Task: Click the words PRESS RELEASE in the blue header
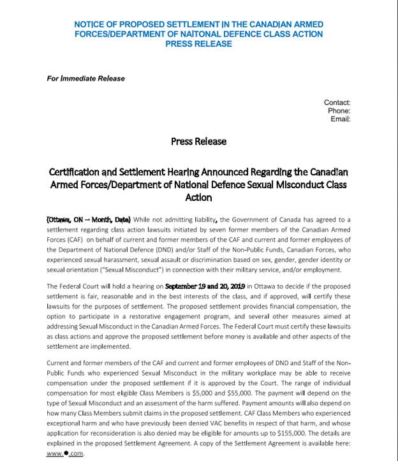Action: click(198, 44)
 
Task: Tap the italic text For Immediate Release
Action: click(85, 78)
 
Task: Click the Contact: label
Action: click(337, 103)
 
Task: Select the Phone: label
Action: click(339, 111)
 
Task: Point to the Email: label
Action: click(340, 119)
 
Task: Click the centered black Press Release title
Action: click(198, 141)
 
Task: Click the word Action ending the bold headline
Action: click(198, 198)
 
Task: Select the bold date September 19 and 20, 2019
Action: click(205, 287)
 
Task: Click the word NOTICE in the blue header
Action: click(89, 24)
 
